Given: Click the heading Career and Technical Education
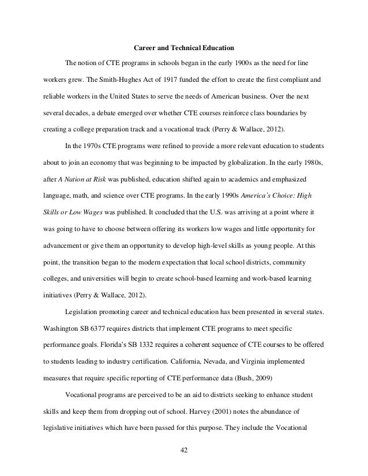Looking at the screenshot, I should pyautogui.click(x=184, y=46).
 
